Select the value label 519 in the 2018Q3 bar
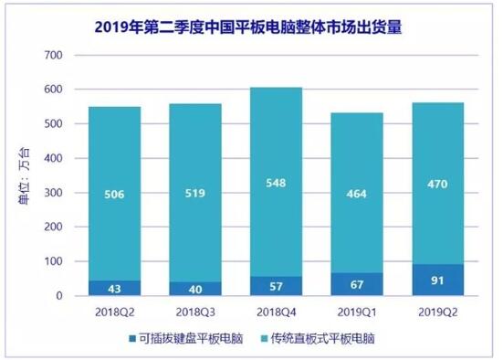[x=194, y=194]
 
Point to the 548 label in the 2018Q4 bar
[x=276, y=184]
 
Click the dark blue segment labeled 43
[x=114, y=288]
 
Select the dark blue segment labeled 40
[x=194, y=289]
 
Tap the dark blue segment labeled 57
[x=276, y=286]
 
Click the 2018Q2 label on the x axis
[x=114, y=311]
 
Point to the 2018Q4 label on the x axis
[x=276, y=311]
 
